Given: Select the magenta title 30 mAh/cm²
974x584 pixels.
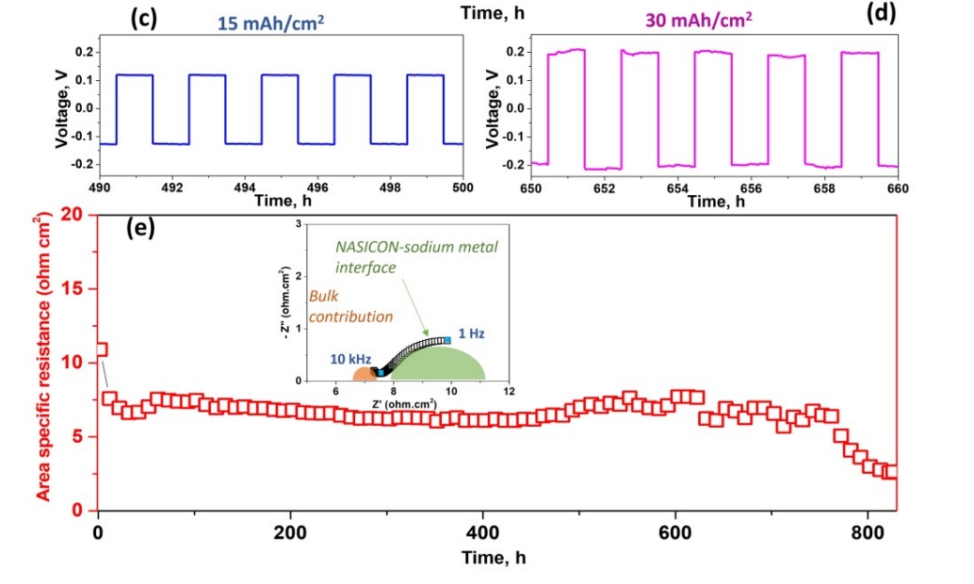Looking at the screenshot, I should pyautogui.click(x=693, y=19).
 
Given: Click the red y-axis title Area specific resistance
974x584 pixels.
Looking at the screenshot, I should pyautogui.click(x=43, y=363).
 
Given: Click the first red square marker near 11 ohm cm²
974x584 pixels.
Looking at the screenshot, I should pyautogui.click(x=101, y=349).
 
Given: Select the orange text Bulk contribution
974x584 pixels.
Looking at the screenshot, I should pyautogui.click(x=350, y=307).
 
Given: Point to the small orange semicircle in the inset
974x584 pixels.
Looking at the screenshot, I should pyautogui.click(x=361, y=373).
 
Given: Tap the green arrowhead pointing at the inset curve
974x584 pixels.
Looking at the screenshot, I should pyautogui.click(x=426, y=334).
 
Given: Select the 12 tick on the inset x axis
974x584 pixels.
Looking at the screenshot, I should pyautogui.click(x=509, y=391).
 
